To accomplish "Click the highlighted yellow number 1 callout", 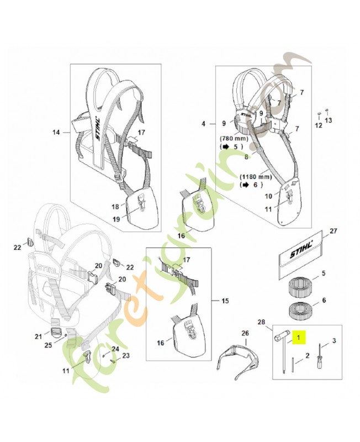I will pyautogui.click(x=299, y=336).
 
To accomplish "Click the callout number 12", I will pyautogui.click(x=318, y=125).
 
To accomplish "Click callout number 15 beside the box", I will pyautogui.click(x=225, y=301).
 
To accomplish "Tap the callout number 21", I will pyautogui.click(x=38, y=336).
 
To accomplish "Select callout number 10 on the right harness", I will pyautogui.click(x=269, y=196).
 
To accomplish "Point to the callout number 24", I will pyautogui.click(x=115, y=349).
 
